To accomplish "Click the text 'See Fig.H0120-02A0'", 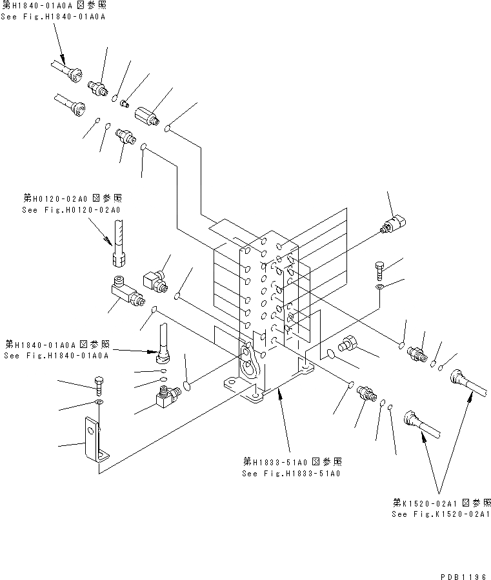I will tap(72, 210).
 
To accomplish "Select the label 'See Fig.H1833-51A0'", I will tap(292, 473).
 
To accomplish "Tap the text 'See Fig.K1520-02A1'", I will tap(441, 514).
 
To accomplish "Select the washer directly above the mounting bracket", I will tap(97, 403).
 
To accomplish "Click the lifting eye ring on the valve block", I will tap(247, 353).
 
